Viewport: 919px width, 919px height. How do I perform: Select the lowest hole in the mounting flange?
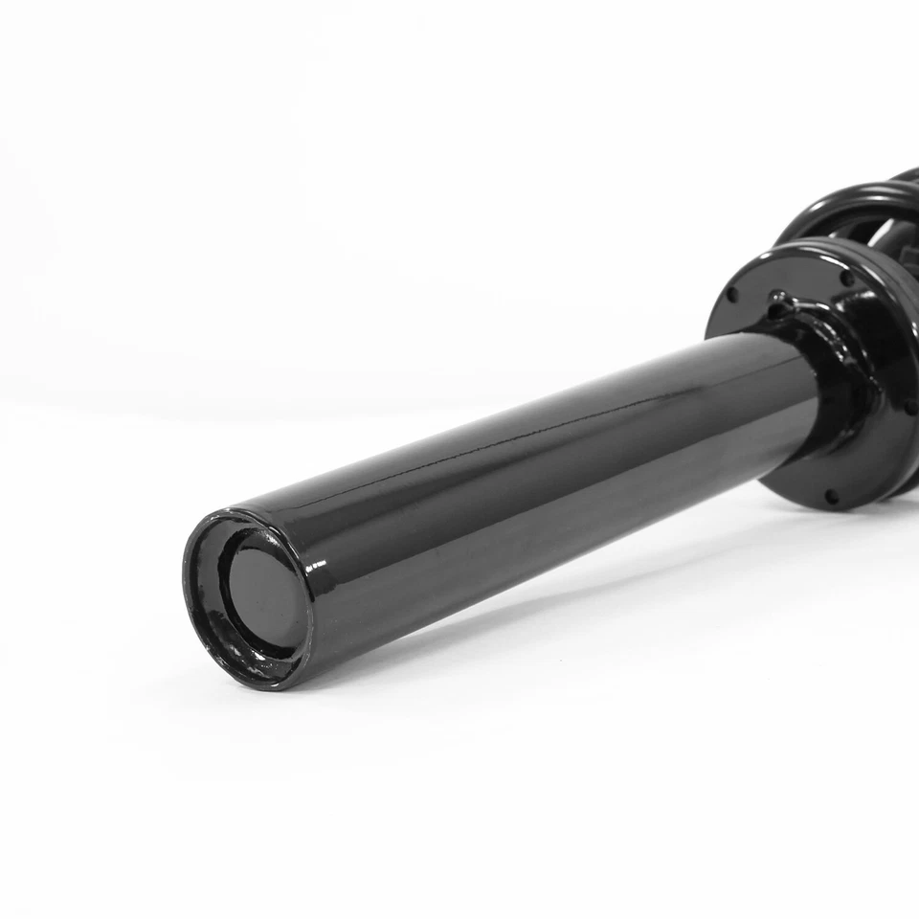(830, 497)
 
